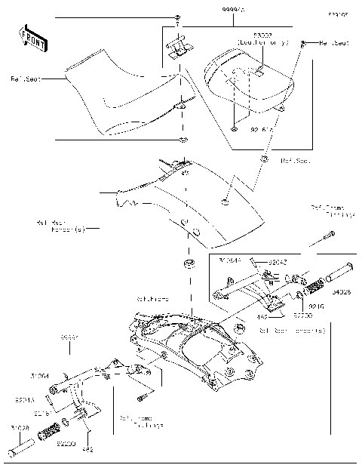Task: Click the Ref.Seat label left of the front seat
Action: click(x=26, y=77)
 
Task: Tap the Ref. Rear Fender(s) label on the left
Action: click(x=60, y=226)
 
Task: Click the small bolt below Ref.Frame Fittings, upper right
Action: click(x=328, y=237)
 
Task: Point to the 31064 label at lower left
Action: click(x=40, y=374)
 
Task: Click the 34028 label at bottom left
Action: click(x=20, y=428)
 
